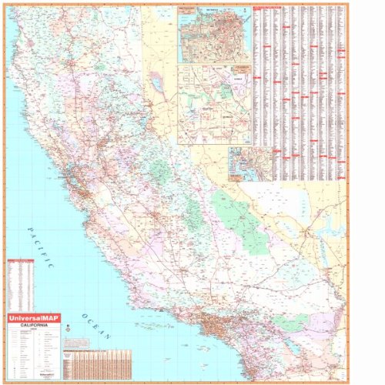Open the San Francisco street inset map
tap(214, 35)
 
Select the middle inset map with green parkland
tap(214, 104)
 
